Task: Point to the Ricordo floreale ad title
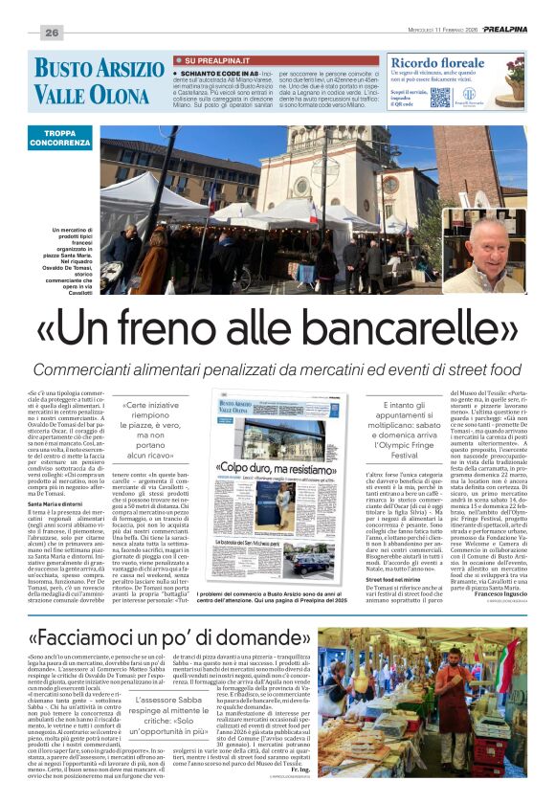[x=440, y=63]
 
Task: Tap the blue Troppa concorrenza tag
[x=60, y=137]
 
